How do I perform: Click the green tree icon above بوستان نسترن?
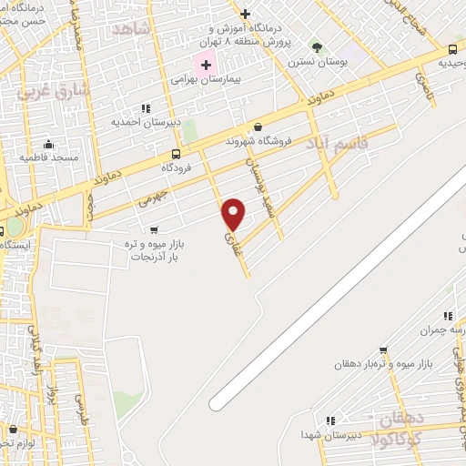click(317, 47)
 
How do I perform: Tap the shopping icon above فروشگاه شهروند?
click(258, 127)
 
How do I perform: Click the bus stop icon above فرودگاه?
click(175, 154)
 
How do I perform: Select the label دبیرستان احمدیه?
click(147, 121)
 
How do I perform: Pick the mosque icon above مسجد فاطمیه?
click(47, 144)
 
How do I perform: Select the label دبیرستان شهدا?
click(333, 435)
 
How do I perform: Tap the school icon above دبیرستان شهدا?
click(330, 420)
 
